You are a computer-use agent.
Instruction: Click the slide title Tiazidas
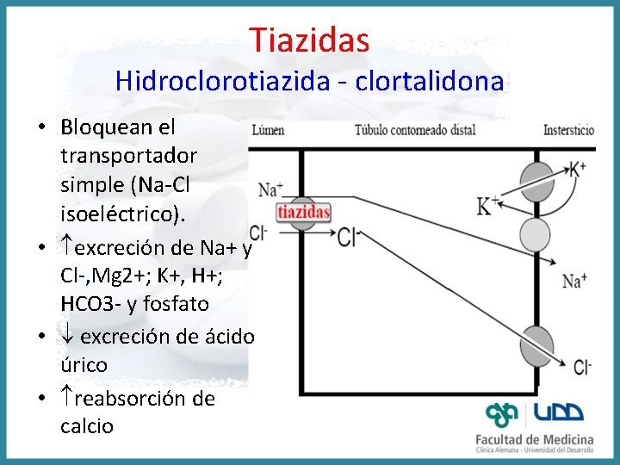click(310, 39)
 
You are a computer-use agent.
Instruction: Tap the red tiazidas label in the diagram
click(303, 212)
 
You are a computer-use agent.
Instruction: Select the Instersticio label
click(568, 131)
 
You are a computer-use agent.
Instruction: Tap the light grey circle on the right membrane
click(535, 234)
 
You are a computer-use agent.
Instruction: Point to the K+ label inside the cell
click(488, 205)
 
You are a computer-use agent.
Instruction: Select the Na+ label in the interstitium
click(574, 280)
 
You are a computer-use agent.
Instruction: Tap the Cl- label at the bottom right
click(583, 368)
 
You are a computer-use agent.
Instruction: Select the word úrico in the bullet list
click(84, 365)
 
